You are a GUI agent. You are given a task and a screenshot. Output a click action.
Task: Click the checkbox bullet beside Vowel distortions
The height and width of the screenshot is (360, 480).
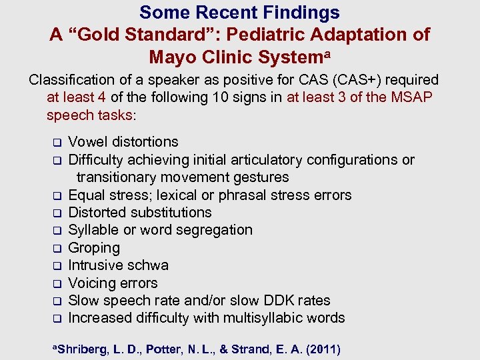point(57,142)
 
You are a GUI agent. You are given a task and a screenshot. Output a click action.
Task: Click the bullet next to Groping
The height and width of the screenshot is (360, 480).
point(57,248)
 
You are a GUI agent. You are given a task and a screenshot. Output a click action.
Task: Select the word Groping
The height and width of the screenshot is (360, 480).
point(94,248)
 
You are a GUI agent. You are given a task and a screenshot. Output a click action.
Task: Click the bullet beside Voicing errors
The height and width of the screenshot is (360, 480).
point(57,283)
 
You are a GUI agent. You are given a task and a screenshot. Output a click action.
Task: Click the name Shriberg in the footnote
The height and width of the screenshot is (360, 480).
point(78,349)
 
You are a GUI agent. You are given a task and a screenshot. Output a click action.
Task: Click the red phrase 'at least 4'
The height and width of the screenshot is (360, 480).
point(76,97)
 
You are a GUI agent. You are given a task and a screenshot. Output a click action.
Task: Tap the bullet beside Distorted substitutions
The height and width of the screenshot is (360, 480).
point(57,213)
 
